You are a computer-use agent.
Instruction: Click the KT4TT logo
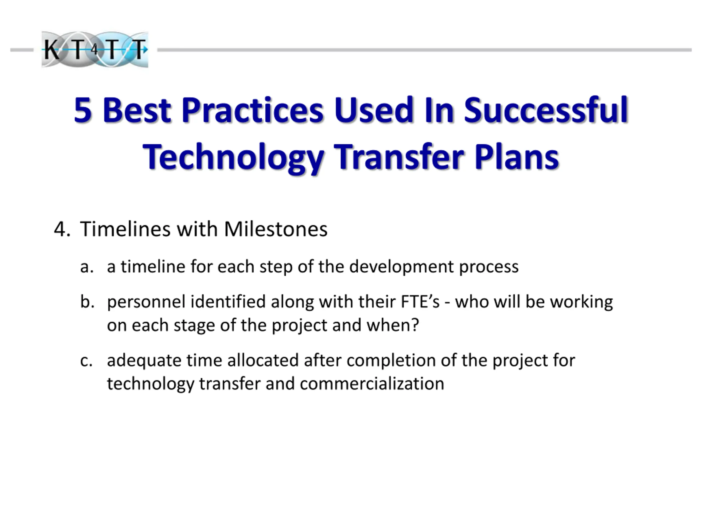click(95, 50)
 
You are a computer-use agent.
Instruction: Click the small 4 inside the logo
click(94, 50)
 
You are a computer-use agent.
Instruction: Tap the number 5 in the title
click(83, 110)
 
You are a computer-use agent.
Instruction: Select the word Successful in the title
click(546, 110)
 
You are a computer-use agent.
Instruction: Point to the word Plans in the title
click(517, 156)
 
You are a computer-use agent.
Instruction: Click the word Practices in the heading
click(252, 110)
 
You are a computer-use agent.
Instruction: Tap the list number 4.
click(62, 229)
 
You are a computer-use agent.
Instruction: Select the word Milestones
click(276, 229)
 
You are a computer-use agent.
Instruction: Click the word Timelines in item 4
click(125, 229)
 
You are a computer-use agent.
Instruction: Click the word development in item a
click(401, 267)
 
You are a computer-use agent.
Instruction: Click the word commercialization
click(372, 383)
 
